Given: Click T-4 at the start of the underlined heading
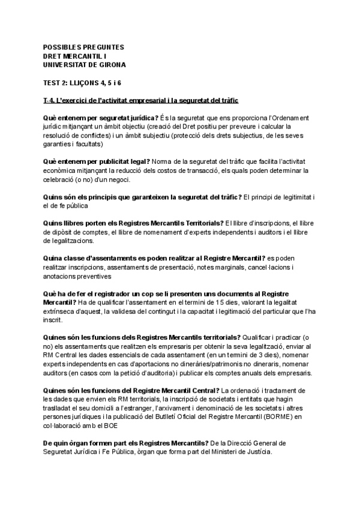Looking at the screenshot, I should click(50, 100).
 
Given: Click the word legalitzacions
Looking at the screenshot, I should click(68, 241).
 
